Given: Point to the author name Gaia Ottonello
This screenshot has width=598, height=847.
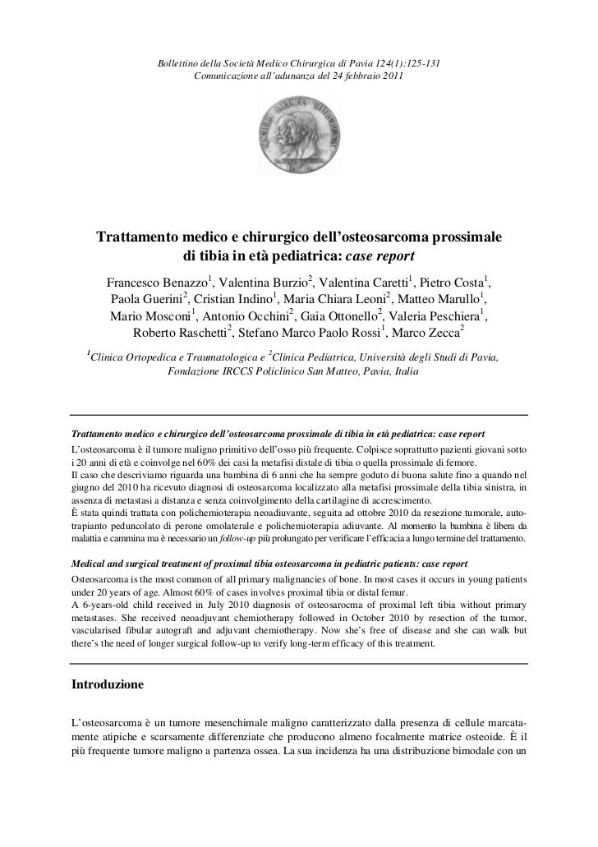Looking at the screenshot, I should [337, 315].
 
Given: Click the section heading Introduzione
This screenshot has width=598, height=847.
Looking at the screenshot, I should [108, 684].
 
